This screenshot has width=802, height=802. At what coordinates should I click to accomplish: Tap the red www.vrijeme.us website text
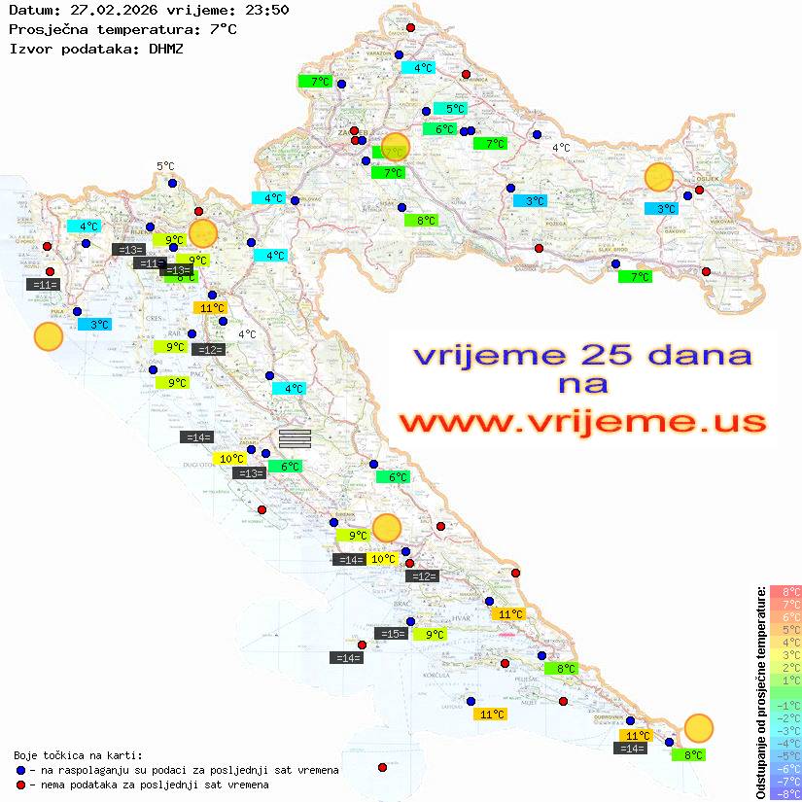582,422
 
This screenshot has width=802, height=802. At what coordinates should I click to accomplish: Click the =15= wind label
391,634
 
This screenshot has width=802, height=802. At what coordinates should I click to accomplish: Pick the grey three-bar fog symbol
295,438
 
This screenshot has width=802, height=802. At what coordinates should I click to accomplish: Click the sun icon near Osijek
659,177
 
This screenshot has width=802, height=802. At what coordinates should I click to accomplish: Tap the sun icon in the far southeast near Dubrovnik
698,727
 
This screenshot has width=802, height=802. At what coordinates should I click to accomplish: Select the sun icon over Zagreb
396,147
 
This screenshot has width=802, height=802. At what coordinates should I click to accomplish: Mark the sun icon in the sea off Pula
49,337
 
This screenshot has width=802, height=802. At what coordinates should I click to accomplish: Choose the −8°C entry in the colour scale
785,793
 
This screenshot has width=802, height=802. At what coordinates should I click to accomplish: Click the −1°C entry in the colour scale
785,705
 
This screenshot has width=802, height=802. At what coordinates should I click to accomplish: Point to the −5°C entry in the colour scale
785,755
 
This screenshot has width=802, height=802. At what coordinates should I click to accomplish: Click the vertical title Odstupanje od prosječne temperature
760,692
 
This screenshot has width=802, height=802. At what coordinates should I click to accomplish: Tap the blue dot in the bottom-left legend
21,770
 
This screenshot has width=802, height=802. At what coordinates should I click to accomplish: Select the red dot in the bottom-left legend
21,785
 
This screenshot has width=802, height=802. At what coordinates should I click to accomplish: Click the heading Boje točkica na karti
78,754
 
